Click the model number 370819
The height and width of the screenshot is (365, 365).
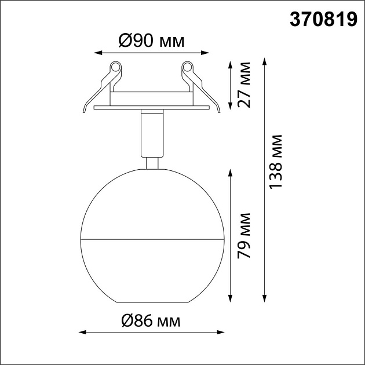point(323,21)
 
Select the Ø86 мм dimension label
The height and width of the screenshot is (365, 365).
point(150,320)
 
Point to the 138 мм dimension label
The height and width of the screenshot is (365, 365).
point(276,161)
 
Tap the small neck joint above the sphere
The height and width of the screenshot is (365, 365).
point(152,163)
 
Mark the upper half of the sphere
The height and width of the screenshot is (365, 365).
point(152,203)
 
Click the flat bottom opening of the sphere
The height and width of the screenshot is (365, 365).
point(152,302)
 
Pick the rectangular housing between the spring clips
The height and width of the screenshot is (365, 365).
point(152,98)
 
